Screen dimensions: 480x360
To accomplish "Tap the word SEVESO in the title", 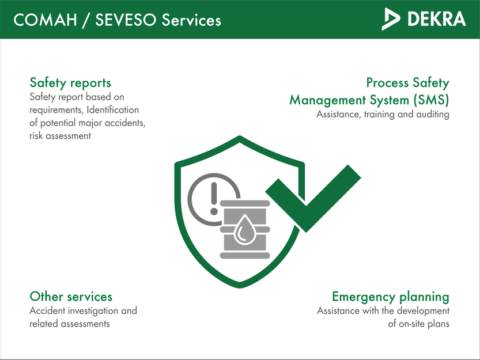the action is coord(122,20).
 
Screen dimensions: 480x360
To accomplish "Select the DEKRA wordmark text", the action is coord(436,19).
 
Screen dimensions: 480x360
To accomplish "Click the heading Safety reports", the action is coord(70,83).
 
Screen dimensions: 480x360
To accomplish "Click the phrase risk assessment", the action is coord(60,136).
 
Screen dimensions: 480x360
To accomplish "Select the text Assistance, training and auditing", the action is coord(383,115).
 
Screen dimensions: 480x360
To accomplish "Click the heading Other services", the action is coord(71,297).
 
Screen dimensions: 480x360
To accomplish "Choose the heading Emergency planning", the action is coord(390,297).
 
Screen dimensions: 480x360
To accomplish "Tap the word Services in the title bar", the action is coord(191,20).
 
